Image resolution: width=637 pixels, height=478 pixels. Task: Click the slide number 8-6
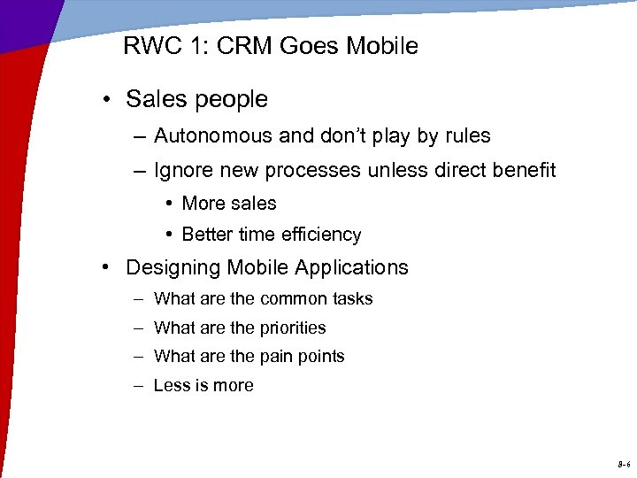(x=624, y=464)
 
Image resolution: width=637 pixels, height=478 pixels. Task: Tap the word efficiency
(x=319, y=235)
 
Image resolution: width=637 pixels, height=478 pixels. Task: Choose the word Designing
(x=173, y=267)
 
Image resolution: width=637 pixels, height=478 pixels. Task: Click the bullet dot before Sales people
(x=105, y=100)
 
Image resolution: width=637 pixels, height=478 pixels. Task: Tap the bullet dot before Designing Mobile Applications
(x=105, y=268)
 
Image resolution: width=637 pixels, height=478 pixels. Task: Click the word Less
(x=171, y=386)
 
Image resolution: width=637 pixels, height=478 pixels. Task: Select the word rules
(x=466, y=136)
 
